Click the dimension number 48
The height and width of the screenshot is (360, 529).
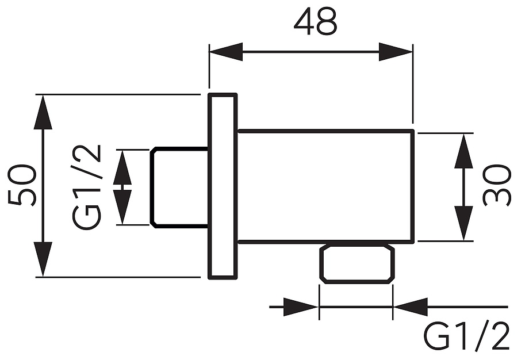click(x=315, y=23)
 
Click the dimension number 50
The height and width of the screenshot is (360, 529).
click(x=23, y=185)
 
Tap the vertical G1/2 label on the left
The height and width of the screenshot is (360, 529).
click(x=88, y=187)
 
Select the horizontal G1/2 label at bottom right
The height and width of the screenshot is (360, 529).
click(x=466, y=337)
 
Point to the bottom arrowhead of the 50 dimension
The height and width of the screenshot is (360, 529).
click(x=43, y=259)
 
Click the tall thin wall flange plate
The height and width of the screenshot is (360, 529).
click(x=223, y=186)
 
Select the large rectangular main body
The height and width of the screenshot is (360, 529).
click(x=325, y=186)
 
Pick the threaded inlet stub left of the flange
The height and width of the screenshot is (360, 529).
click(x=179, y=187)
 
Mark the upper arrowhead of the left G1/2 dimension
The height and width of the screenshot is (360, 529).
click(x=122, y=170)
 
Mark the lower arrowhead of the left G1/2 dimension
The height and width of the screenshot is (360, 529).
click(x=122, y=205)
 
